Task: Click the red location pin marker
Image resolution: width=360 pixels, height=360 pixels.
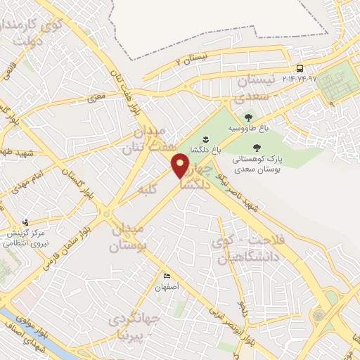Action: pyautogui.click(x=181, y=167)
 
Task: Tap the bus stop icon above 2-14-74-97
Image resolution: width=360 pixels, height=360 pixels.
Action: pyautogui.click(x=300, y=68)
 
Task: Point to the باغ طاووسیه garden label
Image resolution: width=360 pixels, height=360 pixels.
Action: pyautogui.click(x=247, y=129)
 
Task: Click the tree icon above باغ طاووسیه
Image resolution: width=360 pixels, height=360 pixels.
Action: pyautogui.click(x=247, y=117)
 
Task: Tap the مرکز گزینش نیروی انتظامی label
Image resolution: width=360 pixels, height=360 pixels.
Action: pyautogui.click(x=20, y=237)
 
